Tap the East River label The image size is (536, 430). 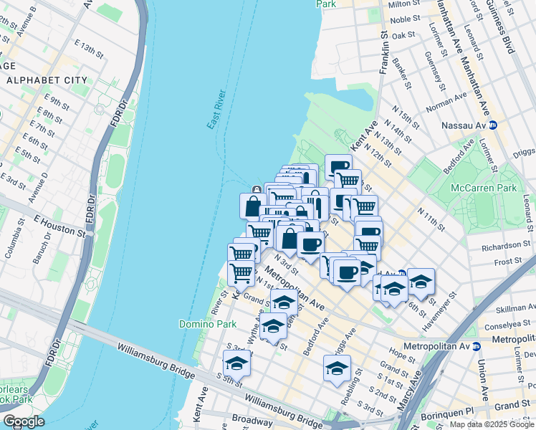pyautogui.click(x=216, y=110)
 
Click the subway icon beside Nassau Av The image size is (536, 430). pyautogui.click(x=493, y=124)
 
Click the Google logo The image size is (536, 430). pyautogui.click(x=23, y=421)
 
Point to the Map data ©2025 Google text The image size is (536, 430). pyautogui.click(x=491, y=424)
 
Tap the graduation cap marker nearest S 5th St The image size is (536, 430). pyautogui.click(x=236, y=363)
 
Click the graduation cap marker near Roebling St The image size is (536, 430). pyautogui.click(x=337, y=368)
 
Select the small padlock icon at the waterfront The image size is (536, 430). pyautogui.click(x=256, y=189)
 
